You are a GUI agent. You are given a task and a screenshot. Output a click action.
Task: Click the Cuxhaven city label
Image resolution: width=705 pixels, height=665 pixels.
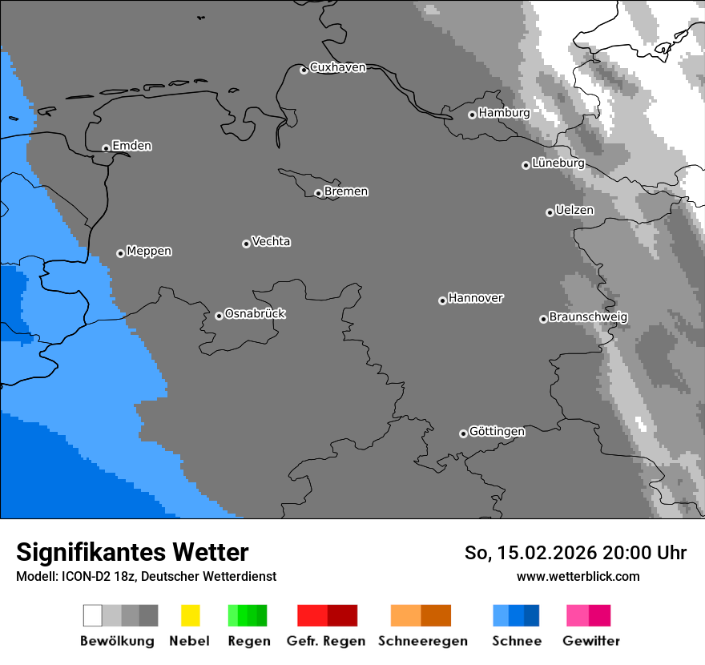[337, 67]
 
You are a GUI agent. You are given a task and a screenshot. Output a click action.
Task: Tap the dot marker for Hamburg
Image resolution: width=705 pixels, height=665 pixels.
[472, 115]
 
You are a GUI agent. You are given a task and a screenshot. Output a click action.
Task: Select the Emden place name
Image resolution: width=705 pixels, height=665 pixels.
[131, 146]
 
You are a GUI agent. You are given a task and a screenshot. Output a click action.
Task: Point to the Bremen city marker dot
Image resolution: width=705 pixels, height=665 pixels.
[318, 193]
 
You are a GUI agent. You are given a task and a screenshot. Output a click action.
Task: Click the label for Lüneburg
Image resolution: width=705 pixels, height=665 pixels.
[558, 163]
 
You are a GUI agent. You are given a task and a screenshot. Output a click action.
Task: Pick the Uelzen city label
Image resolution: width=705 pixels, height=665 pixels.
[574, 210]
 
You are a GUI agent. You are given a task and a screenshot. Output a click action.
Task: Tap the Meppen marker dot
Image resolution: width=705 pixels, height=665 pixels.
[120, 253]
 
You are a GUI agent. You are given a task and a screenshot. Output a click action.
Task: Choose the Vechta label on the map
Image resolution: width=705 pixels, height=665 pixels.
[271, 241]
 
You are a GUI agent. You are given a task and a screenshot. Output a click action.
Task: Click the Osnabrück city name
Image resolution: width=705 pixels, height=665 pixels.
[255, 313]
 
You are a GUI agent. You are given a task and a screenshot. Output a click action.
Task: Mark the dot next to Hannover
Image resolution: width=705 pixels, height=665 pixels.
[442, 300]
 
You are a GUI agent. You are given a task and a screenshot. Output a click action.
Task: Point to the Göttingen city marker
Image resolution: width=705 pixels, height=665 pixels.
[463, 433]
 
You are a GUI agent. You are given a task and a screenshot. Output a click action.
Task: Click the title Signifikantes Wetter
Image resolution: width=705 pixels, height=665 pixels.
[132, 552]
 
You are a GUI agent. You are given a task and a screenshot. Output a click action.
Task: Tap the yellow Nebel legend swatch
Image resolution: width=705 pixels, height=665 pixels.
[190, 615]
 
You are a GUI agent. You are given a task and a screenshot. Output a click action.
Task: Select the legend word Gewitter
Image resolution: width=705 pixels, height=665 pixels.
[591, 641]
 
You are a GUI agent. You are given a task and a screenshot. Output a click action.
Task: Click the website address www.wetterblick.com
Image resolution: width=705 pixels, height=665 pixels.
[578, 576]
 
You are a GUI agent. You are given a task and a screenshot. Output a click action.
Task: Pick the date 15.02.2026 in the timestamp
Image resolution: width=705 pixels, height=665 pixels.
[535, 553]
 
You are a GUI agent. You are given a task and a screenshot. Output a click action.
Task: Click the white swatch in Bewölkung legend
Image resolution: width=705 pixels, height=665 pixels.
[93, 615]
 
